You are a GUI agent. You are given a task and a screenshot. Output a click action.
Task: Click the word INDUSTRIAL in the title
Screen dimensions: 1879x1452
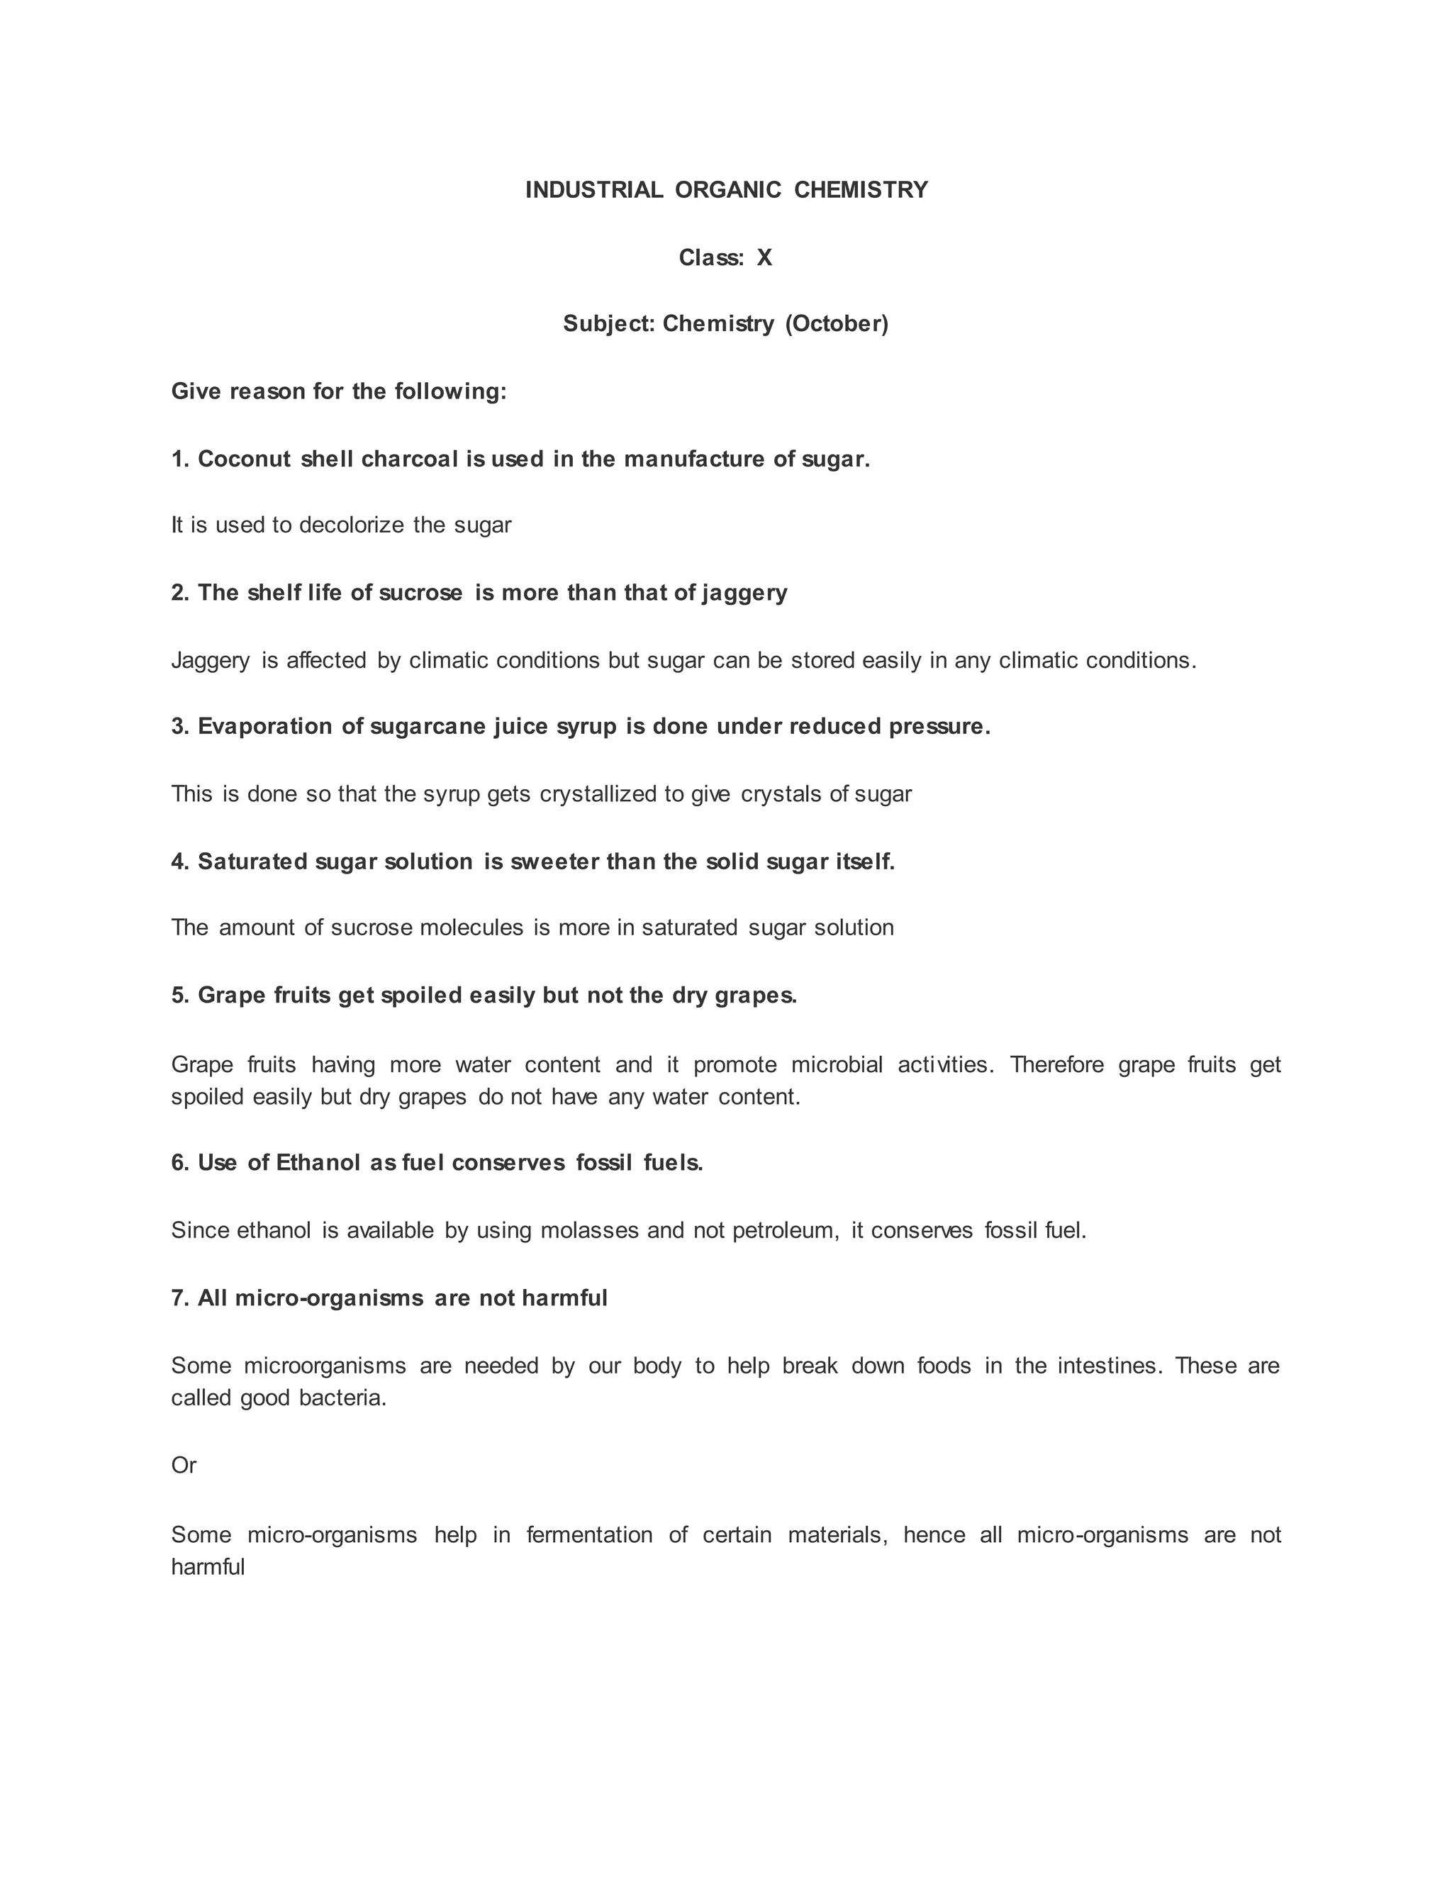click(593, 190)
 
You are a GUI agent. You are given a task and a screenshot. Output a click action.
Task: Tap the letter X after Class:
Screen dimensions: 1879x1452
click(764, 258)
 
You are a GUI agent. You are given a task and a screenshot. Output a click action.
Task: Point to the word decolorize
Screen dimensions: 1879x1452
click(352, 525)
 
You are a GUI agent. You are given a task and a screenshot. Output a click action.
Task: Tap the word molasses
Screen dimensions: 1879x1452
click(589, 1231)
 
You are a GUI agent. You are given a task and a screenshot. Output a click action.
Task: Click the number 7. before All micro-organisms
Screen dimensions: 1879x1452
click(180, 1298)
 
